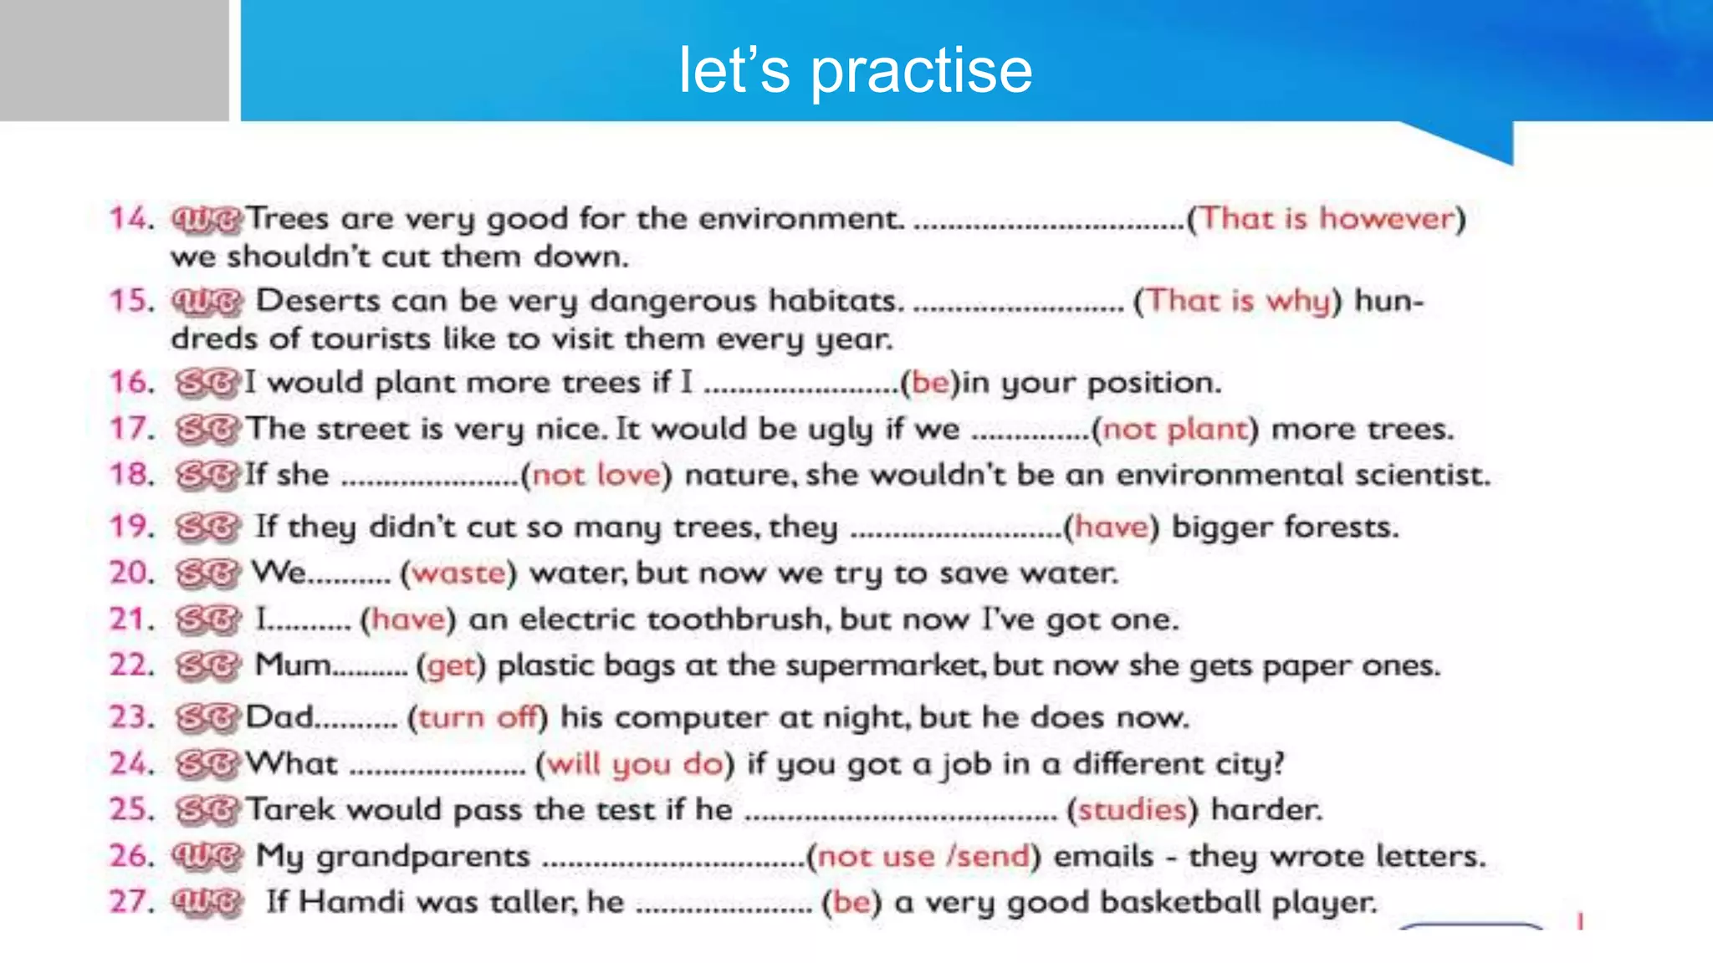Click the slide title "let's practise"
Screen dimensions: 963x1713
855,70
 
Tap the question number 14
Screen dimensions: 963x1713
131,218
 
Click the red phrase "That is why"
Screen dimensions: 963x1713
1238,300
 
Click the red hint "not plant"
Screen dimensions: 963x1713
1175,429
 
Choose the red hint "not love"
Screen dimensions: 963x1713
596,475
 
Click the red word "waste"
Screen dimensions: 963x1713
459,573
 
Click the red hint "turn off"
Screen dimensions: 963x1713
477,717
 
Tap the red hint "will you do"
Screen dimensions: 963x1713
635,764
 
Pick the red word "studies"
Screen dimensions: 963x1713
1133,809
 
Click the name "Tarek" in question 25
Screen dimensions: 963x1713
291,809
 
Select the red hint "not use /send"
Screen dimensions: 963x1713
923,856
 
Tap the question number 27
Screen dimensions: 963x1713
131,902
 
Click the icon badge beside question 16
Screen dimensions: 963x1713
207,384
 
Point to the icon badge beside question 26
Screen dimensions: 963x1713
207,856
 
